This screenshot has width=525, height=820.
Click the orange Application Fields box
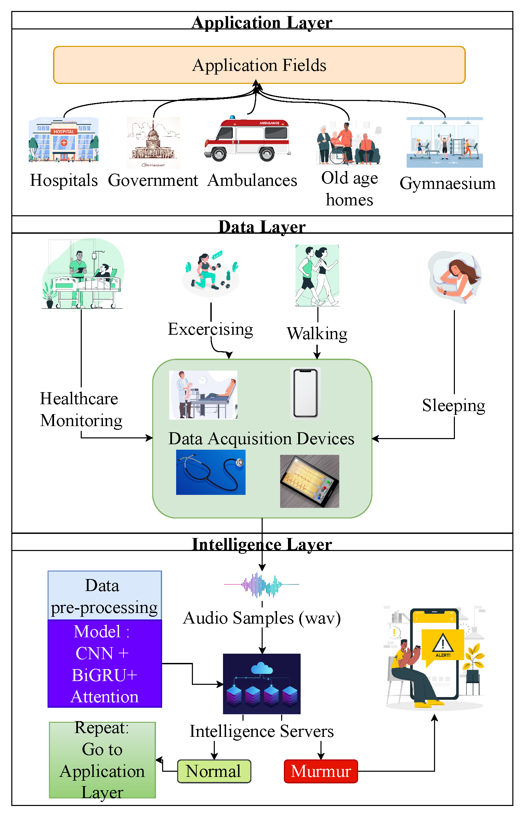point(259,65)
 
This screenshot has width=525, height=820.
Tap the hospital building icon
point(64,140)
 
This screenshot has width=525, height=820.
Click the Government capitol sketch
point(153,143)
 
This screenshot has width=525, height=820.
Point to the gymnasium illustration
point(445,142)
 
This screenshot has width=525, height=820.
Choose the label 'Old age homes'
point(349,189)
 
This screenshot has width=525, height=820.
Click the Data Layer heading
point(262,226)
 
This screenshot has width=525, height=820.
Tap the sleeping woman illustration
point(455,278)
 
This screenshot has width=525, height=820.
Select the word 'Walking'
point(317,333)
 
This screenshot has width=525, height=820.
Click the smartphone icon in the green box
point(305,393)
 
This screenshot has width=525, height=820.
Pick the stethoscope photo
point(211,472)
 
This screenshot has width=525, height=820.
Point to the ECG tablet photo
point(310,481)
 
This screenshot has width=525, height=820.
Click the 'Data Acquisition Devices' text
point(261,438)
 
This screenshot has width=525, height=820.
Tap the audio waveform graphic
point(262,585)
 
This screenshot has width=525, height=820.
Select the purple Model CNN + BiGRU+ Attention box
point(105,664)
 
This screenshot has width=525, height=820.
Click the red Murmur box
point(321,771)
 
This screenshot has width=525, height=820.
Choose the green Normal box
point(214,771)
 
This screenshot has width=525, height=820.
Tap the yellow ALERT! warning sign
point(443,645)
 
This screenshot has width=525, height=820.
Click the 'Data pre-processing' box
point(105,595)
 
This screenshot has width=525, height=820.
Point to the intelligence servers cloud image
point(262,683)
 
